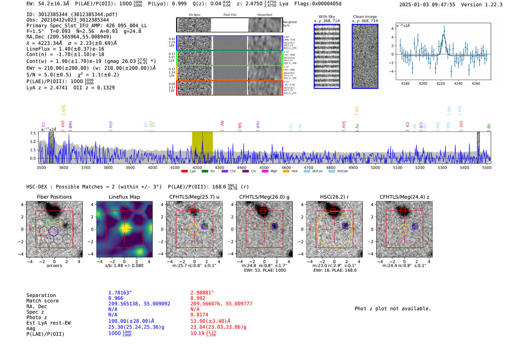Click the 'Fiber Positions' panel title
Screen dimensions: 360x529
click(x=54, y=197)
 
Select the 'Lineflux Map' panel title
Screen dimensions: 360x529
click(x=124, y=197)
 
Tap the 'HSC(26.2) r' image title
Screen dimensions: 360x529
click(x=334, y=197)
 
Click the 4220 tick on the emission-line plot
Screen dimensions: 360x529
click(x=441, y=83)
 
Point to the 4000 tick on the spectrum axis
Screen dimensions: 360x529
click(x=153, y=168)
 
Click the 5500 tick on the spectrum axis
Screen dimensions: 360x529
click(x=487, y=168)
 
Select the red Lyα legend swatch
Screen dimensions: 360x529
click(x=184, y=172)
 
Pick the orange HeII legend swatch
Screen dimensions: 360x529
click(x=286, y=172)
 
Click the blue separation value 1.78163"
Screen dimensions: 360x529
click(x=120, y=293)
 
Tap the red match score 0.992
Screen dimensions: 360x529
click(x=198, y=298)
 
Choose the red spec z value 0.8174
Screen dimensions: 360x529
click(x=199, y=315)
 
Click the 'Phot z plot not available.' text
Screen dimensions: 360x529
click(x=393, y=309)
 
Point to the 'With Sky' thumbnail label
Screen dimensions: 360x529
click(x=327, y=17)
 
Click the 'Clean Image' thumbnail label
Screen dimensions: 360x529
click(x=365, y=17)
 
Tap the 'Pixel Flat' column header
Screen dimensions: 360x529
click(x=230, y=15)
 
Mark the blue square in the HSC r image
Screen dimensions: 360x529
click(x=345, y=226)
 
